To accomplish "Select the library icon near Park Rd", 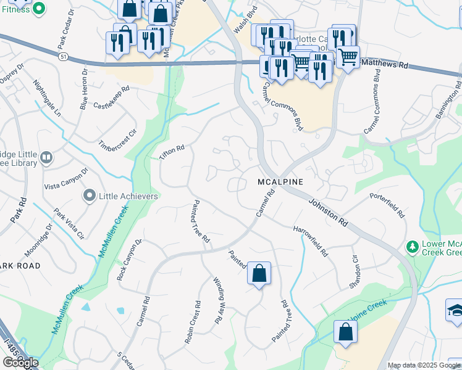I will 46,158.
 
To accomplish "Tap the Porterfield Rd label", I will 387,205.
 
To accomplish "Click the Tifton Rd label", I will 172,153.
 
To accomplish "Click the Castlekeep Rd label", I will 111,98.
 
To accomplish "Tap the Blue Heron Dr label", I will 83,90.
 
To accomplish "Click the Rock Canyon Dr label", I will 129,260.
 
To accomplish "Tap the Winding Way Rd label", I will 218,300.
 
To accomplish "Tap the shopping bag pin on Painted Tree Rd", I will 259,272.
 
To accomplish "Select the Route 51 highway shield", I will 64,56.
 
